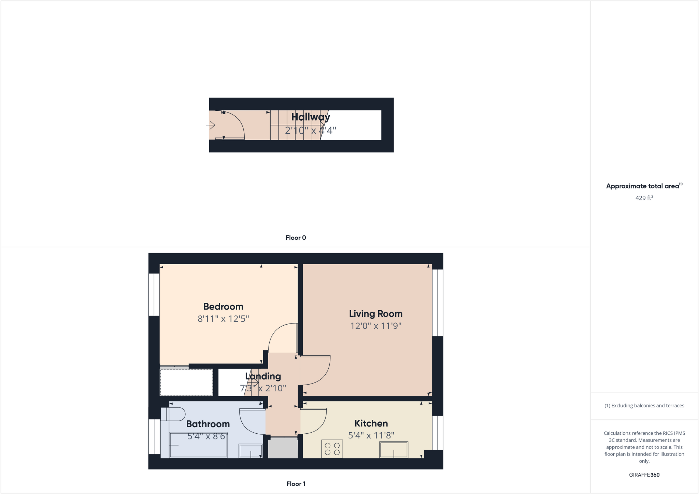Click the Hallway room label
pos(311,117)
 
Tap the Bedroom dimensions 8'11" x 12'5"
pos(223,319)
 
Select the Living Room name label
pos(375,314)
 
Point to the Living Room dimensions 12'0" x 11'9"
pos(375,326)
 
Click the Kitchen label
pos(371,423)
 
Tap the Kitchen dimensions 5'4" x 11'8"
pos(371,435)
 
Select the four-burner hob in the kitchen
pos(332,449)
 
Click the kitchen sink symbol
pos(394,450)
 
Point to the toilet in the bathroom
pos(173,414)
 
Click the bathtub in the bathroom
pos(198,445)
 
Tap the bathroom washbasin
pos(251,451)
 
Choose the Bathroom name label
pos(208,424)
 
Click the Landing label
pos(263,376)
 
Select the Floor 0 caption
pos(296,238)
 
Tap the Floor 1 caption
pos(296,484)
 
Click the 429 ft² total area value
pos(644,198)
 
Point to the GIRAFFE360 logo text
pos(644,475)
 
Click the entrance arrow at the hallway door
pos(211,125)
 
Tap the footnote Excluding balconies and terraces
pos(644,406)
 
